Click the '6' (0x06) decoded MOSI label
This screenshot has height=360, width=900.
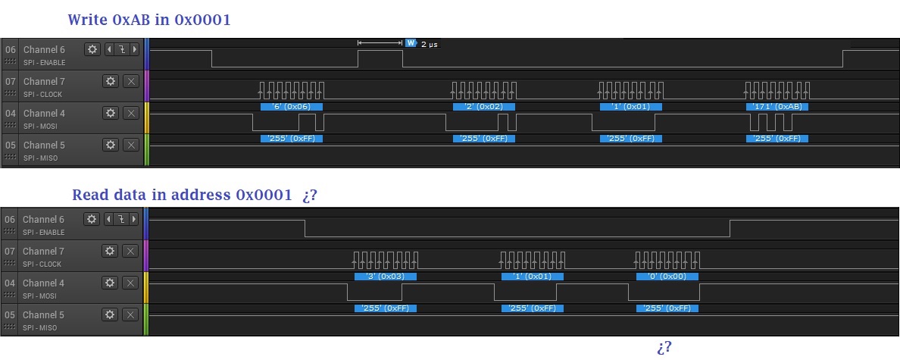tap(291, 107)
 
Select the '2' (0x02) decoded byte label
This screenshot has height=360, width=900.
tap(484, 107)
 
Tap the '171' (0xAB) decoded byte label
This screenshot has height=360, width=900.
tap(777, 107)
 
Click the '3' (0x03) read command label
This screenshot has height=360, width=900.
tap(385, 276)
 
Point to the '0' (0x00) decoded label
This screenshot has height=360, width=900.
tap(667, 276)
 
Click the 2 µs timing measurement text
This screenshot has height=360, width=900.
tap(430, 44)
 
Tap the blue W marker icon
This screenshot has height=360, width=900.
tap(411, 43)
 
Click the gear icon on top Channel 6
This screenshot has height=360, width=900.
tap(92, 49)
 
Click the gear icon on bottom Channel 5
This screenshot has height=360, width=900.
tap(110, 315)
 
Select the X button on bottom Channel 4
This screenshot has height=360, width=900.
tap(131, 283)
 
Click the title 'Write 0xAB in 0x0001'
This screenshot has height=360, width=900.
tap(149, 20)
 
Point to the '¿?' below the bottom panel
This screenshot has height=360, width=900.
tap(664, 347)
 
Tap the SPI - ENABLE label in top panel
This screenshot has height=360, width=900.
tap(44, 63)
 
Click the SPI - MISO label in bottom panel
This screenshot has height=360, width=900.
tap(40, 328)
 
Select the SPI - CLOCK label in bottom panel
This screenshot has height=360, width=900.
tap(42, 264)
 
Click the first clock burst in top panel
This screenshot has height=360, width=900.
tap(291, 90)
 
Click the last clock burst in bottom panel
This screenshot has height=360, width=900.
tap(667, 260)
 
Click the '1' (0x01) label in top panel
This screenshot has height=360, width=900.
tap(631, 107)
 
